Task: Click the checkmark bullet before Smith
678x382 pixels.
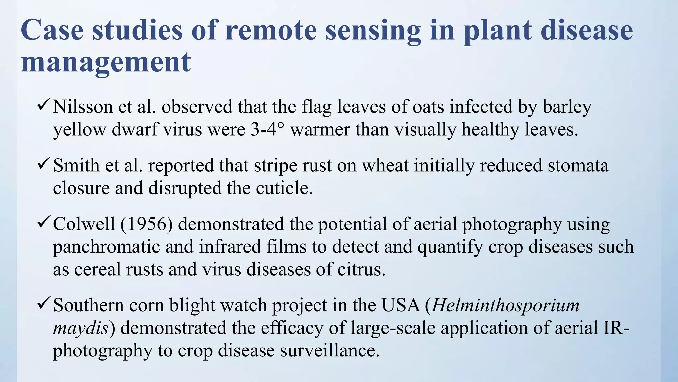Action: tap(44, 164)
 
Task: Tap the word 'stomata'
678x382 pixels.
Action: tap(578, 165)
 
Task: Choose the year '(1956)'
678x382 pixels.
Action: tap(146, 224)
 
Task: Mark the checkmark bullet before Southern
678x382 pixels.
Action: tap(44, 304)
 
